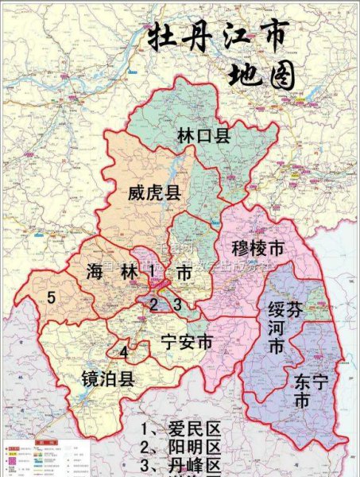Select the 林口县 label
[x=203, y=136]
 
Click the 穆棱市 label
[x=258, y=250]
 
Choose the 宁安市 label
[x=186, y=343]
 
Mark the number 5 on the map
[x=50, y=298]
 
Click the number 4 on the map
[x=124, y=352]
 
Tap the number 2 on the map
[x=155, y=304]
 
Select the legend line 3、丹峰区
[x=180, y=467]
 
